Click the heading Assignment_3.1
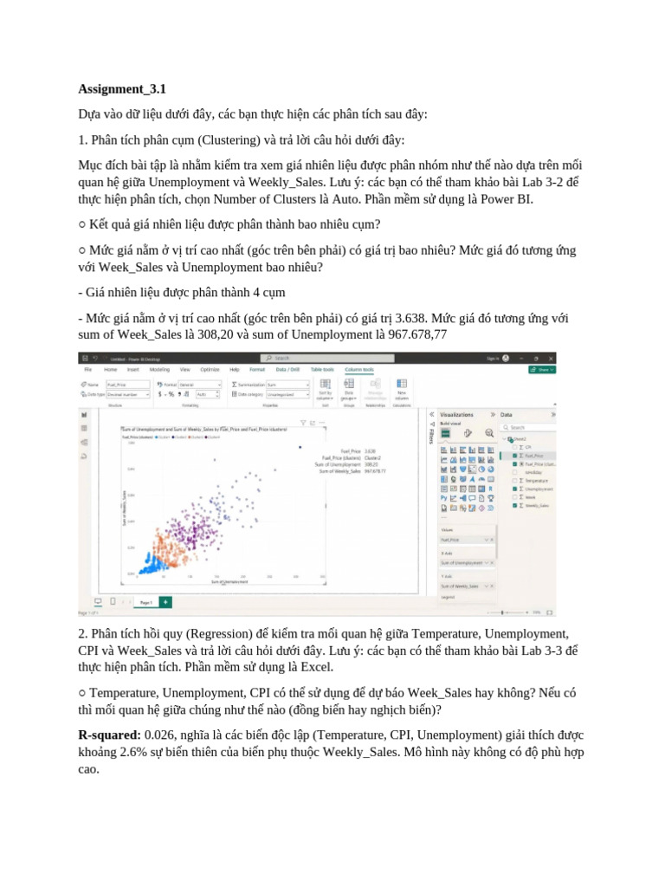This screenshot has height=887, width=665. pos(122,88)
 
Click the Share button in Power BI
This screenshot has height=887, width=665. pos(543,368)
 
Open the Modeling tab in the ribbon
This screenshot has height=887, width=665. pos(159,369)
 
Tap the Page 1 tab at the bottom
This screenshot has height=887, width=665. pos(145,601)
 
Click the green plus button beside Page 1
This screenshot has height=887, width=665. pos(165,601)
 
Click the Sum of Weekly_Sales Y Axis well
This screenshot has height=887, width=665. pos(466,586)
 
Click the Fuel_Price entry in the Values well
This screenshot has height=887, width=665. pos(466,539)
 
